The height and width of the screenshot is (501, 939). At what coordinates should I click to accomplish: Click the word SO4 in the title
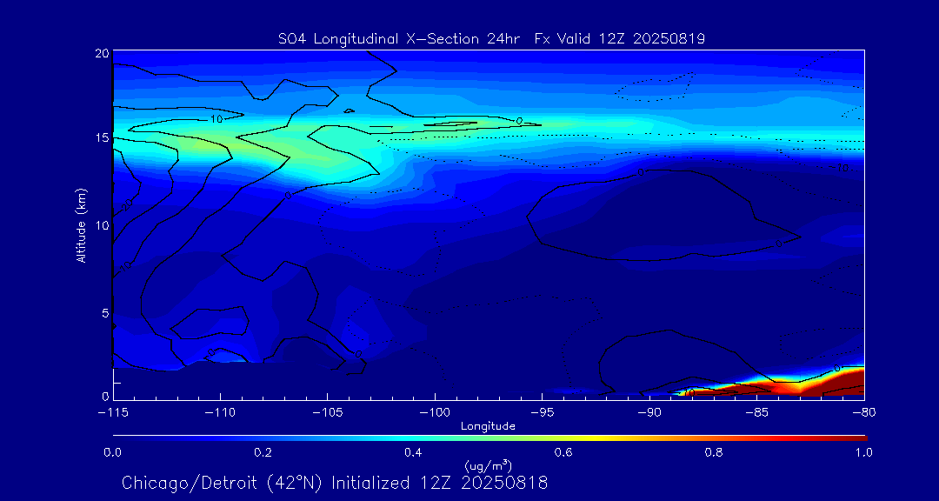[x=290, y=38]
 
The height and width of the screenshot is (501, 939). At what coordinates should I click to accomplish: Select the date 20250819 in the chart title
[x=671, y=38]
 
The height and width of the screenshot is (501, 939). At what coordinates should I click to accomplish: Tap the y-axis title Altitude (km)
[x=81, y=224]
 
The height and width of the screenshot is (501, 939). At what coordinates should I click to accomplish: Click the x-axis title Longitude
[x=488, y=426]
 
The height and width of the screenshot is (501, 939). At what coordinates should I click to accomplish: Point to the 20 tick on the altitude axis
[x=101, y=54]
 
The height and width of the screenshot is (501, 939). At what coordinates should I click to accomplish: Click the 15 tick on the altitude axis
[x=101, y=138]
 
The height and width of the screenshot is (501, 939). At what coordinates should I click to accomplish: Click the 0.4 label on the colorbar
[x=413, y=452]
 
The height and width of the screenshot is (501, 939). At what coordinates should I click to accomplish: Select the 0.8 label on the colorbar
[x=714, y=452]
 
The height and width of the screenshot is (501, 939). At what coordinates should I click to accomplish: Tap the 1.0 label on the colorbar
[x=863, y=452]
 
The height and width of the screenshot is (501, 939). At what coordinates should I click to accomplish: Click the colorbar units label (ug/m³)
[x=488, y=465]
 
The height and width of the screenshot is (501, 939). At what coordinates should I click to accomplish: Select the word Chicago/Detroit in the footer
[x=184, y=483]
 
